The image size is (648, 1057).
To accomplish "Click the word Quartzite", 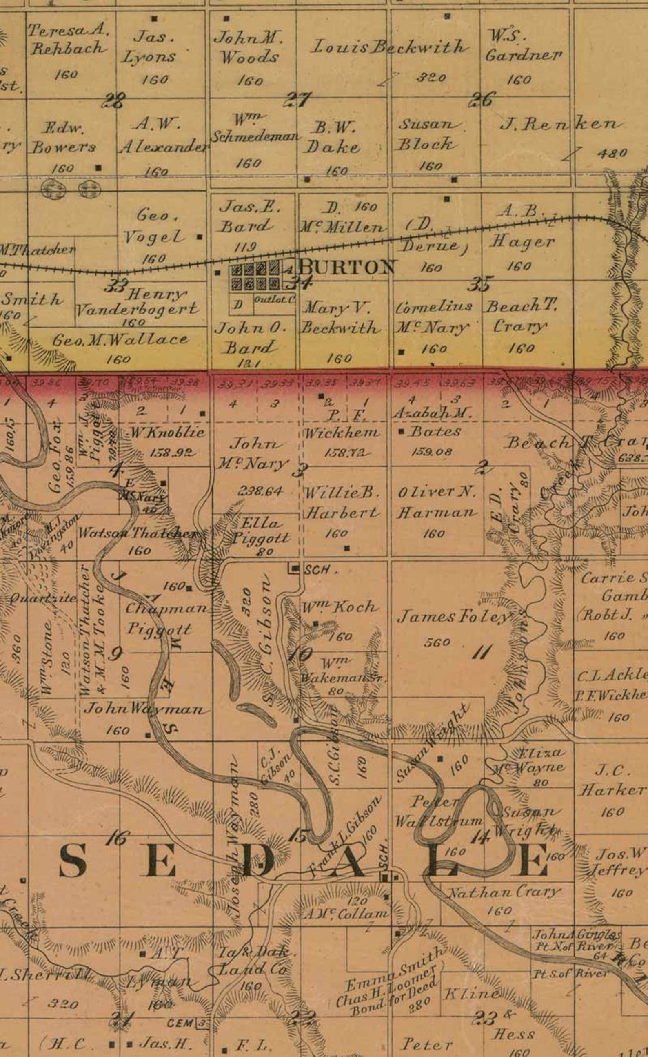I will (43, 598).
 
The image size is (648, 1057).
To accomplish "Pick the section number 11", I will (482, 653).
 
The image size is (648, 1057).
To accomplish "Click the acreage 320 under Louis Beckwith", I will (431, 78).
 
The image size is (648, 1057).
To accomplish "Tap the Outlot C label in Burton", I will (274, 299).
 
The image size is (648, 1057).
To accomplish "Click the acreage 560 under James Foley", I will (437, 642).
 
